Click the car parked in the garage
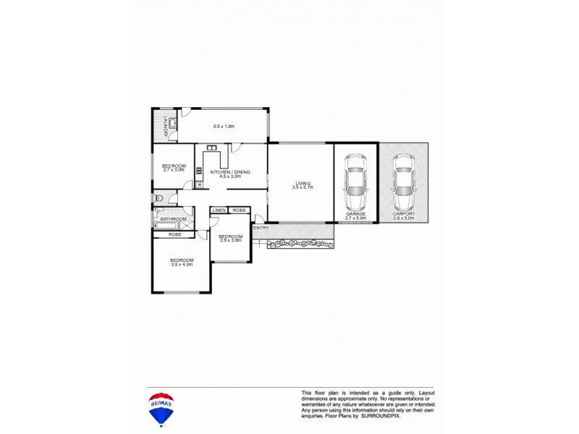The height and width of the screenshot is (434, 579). point(355,182)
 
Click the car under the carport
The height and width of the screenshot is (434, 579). point(404,182)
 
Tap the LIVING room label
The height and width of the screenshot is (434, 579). point(303,183)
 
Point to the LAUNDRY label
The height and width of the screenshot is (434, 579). point(166,126)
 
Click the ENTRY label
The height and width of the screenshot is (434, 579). point(261,229)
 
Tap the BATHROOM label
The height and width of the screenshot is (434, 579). point(174,219)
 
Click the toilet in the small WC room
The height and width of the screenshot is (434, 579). point(159,197)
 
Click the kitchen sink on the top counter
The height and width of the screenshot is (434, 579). point(213,149)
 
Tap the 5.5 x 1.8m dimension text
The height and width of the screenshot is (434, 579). point(224,127)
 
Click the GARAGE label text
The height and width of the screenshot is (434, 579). point(355,214)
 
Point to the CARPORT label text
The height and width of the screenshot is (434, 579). point(404,214)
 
